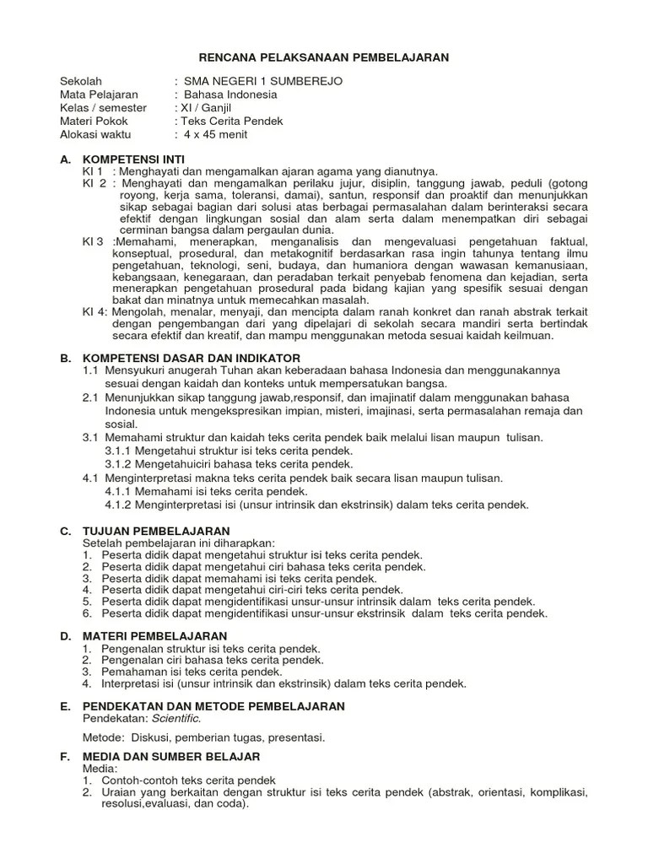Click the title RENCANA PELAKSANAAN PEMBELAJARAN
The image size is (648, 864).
324,57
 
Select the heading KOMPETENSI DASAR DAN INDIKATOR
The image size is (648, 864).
191,359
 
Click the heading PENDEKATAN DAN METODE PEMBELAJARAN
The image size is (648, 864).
213,705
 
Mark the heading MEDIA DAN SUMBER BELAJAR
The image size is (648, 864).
170,757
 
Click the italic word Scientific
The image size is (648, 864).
176,718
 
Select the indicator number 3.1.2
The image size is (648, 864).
120,464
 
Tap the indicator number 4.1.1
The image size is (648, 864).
120,491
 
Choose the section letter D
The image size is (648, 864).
64,635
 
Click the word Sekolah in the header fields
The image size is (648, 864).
81,81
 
